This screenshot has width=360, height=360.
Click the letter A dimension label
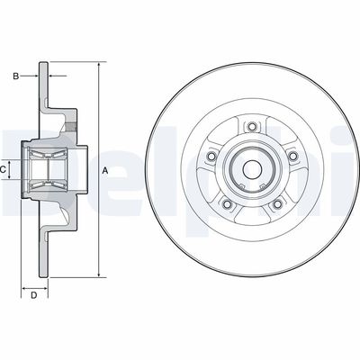point(104,170)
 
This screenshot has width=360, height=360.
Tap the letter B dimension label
point(15,76)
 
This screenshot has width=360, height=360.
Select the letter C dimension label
point(4,168)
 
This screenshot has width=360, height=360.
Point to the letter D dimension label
point(33,293)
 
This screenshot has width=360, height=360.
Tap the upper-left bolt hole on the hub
point(211,158)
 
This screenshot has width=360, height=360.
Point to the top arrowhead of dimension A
point(96,65)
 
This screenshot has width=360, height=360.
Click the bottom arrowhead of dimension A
point(96,273)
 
